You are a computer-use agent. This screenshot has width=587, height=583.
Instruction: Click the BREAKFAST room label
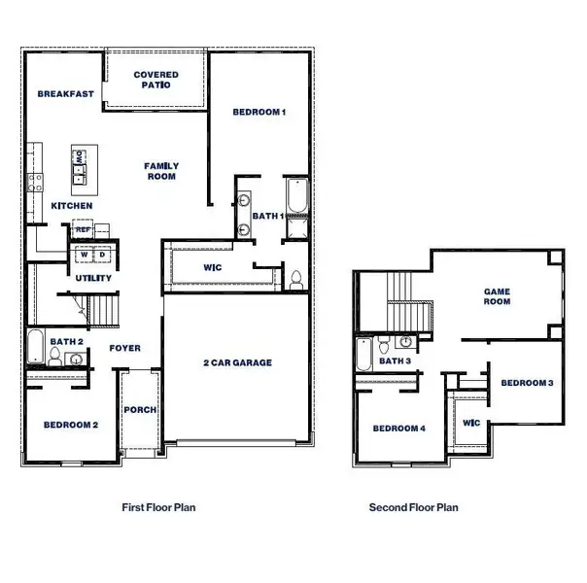[65, 94]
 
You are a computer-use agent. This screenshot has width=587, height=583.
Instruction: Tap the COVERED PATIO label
[155, 80]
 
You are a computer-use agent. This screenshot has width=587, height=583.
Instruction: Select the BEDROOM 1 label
[259, 113]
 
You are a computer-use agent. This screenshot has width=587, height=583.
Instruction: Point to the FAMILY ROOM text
[161, 171]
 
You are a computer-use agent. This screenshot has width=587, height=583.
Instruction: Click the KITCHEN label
[72, 206]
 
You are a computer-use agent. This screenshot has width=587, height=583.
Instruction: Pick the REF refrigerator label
[84, 230]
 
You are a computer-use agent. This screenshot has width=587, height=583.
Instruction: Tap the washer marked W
[84, 255]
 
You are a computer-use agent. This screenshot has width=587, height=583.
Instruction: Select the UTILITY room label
[93, 279]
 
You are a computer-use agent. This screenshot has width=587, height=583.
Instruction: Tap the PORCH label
[140, 410]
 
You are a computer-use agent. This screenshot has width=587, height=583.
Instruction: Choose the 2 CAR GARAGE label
[237, 362]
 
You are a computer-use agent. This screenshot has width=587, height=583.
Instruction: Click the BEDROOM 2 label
[71, 425]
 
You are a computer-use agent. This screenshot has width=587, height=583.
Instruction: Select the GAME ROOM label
[498, 296]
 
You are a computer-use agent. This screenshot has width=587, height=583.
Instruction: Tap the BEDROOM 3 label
[527, 383]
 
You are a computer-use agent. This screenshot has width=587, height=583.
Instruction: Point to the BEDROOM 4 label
[398, 429]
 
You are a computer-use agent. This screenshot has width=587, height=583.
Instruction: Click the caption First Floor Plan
[163, 506]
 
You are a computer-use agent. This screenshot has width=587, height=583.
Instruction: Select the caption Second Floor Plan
[413, 506]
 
